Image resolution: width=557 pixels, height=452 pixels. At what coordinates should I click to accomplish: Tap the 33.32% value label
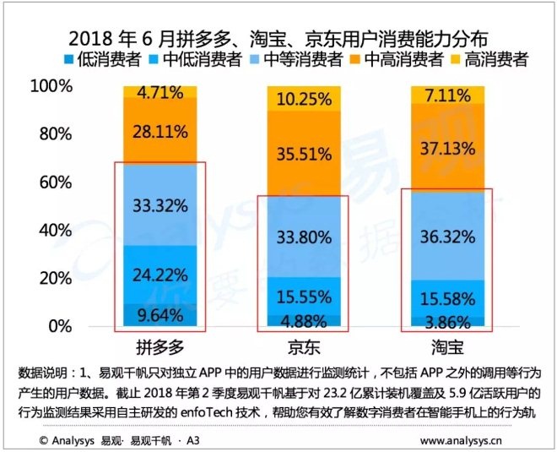coord(160,206)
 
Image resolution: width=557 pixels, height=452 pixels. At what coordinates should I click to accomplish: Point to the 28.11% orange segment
coord(160,131)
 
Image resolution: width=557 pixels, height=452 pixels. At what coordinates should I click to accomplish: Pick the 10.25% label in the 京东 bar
coord(301,98)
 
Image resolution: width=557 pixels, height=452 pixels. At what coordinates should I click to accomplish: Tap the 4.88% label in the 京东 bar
coord(301,320)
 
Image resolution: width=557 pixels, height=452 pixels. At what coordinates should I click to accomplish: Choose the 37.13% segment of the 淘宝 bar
coord(445,149)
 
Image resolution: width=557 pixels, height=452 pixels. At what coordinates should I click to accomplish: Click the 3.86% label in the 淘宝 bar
coord(445,322)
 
